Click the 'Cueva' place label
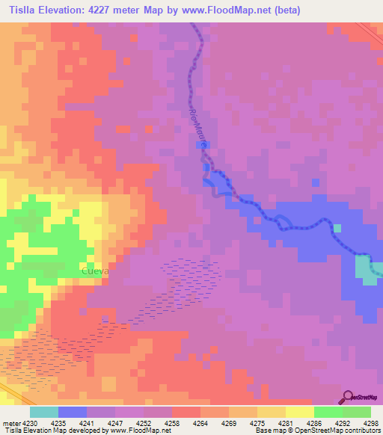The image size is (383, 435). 94,271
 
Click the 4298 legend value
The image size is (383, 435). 371,422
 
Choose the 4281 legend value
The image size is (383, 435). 287,422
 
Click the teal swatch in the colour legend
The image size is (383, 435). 44,412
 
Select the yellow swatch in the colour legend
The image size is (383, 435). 300,412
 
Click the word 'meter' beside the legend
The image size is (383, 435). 11,422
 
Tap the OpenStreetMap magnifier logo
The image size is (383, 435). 347,397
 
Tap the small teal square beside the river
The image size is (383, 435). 337,228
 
